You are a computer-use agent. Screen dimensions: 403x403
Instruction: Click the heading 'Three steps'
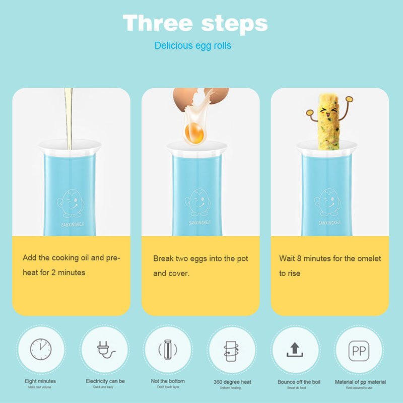tap(195, 23)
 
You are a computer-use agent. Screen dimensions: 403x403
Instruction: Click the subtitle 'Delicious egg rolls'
tap(193, 46)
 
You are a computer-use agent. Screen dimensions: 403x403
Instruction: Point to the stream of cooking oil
tap(69, 116)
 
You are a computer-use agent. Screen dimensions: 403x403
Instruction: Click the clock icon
tap(41, 349)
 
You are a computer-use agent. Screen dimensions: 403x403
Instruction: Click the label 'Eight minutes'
tap(40, 381)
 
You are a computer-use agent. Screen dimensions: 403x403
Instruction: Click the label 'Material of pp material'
tap(360, 382)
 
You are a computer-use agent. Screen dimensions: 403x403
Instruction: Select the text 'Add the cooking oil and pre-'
tap(71, 258)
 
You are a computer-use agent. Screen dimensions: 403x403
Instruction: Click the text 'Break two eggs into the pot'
tap(200, 259)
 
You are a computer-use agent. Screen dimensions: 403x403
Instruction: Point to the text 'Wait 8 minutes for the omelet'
tap(330, 259)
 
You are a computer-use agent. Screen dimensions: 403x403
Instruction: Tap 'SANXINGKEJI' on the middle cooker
tap(201, 222)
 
